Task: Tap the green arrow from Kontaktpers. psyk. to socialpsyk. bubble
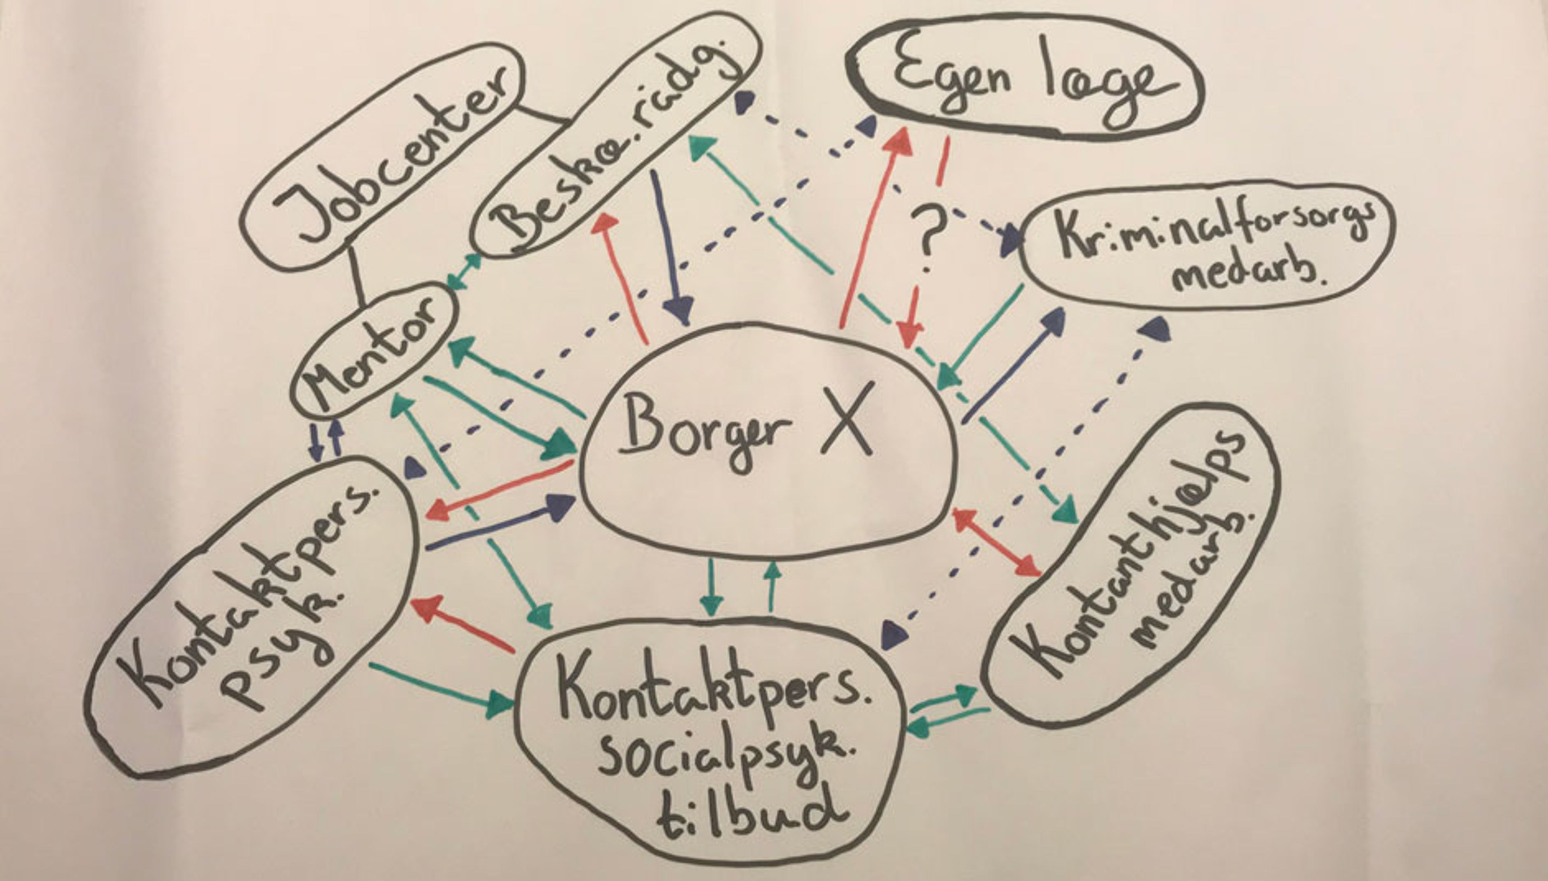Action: pos(442,686)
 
